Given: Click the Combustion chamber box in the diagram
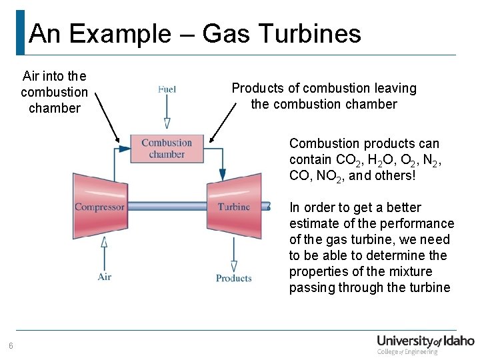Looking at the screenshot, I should coord(167,149).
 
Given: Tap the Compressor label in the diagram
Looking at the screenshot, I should coord(99,207).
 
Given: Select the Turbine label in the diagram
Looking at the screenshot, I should coord(233,207).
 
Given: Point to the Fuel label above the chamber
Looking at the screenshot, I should coord(167,89).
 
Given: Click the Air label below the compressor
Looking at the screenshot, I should coord(105,277).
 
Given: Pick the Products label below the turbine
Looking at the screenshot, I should coord(233,278).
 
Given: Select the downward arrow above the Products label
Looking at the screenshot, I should coord(233,253).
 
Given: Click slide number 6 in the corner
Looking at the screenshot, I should coord(11,345).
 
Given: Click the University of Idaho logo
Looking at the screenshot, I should coord(425,343).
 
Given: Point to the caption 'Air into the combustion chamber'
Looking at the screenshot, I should coord(54,92).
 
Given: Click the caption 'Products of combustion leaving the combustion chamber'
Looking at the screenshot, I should coord(323,96).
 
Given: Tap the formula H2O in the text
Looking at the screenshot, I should coord(385,160).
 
